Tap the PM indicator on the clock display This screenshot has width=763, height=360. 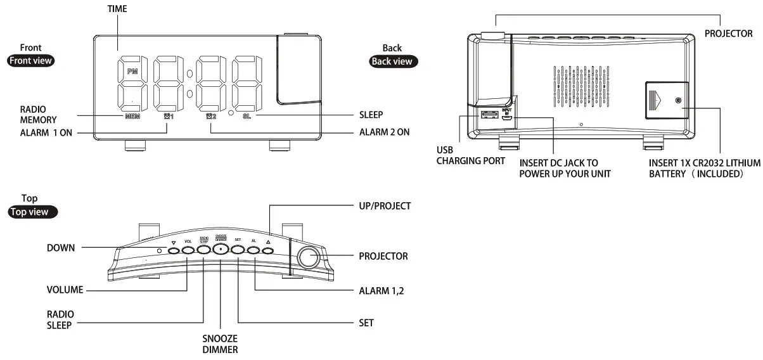pyautogui.click(x=132, y=72)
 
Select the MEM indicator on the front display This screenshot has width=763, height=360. pyautogui.click(x=132, y=117)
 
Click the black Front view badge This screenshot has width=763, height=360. pyautogui.click(x=30, y=61)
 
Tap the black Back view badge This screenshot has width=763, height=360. pyautogui.click(x=393, y=61)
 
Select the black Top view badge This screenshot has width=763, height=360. pyautogui.click(x=32, y=212)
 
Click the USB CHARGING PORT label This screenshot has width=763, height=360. pyautogui.click(x=471, y=156)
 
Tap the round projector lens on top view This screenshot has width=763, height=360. pyautogui.click(x=309, y=257)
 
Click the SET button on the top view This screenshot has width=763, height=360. pyautogui.click(x=238, y=250)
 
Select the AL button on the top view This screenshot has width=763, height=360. pyautogui.click(x=253, y=250)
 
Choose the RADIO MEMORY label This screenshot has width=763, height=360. pyautogui.click(x=38, y=114)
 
